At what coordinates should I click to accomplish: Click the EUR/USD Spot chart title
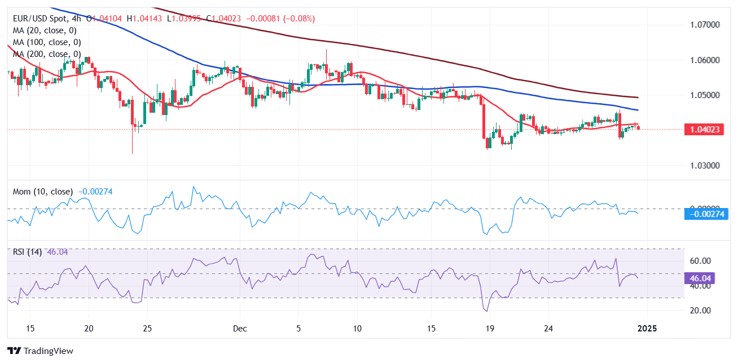(45, 19)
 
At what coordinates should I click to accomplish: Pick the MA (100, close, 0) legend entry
(46, 42)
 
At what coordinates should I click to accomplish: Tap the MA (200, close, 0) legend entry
(46, 54)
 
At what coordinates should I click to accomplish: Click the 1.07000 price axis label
(704, 25)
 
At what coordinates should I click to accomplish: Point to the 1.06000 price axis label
(704, 60)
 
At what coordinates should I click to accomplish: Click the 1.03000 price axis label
(704, 166)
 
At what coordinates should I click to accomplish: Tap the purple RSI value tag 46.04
(700, 278)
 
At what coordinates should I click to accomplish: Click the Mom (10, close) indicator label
(42, 192)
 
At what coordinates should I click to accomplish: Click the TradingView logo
(40, 351)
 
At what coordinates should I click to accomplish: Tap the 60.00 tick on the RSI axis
(700, 261)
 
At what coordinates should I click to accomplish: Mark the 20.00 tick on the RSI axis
(700, 311)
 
